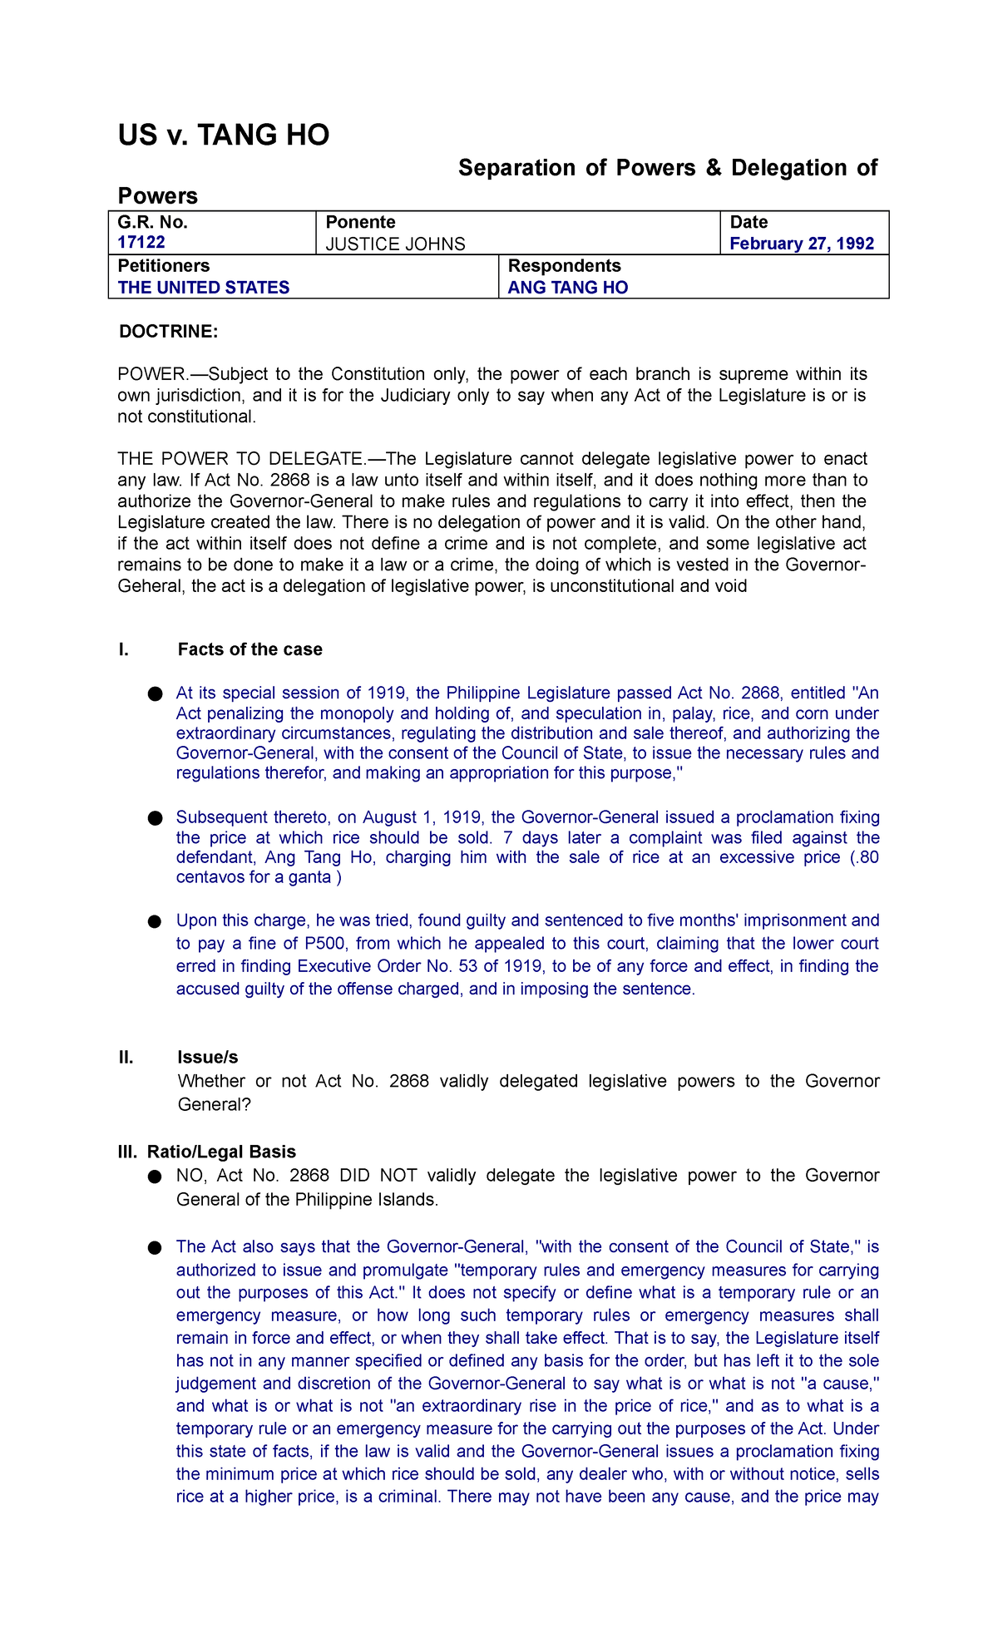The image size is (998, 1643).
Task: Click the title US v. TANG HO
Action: coord(224,135)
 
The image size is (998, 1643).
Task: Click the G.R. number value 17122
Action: coord(141,243)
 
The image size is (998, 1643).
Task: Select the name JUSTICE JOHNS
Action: coord(395,244)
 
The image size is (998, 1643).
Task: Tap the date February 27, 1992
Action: coord(802,244)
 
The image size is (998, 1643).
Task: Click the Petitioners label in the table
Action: coord(163,266)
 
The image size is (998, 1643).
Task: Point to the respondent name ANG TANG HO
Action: coord(568,288)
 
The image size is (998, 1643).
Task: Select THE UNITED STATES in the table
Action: coord(204,288)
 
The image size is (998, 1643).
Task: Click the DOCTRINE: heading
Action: coord(169,332)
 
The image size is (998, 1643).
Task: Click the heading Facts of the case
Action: coord(249,649)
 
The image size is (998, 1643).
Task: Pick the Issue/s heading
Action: coord(208,1057)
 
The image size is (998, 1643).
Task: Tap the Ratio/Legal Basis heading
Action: coord(221,1152)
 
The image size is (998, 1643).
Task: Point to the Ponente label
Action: coord(360,222)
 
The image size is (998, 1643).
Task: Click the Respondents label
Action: coord(564,266)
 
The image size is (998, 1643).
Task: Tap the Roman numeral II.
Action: coord(126,1057)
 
